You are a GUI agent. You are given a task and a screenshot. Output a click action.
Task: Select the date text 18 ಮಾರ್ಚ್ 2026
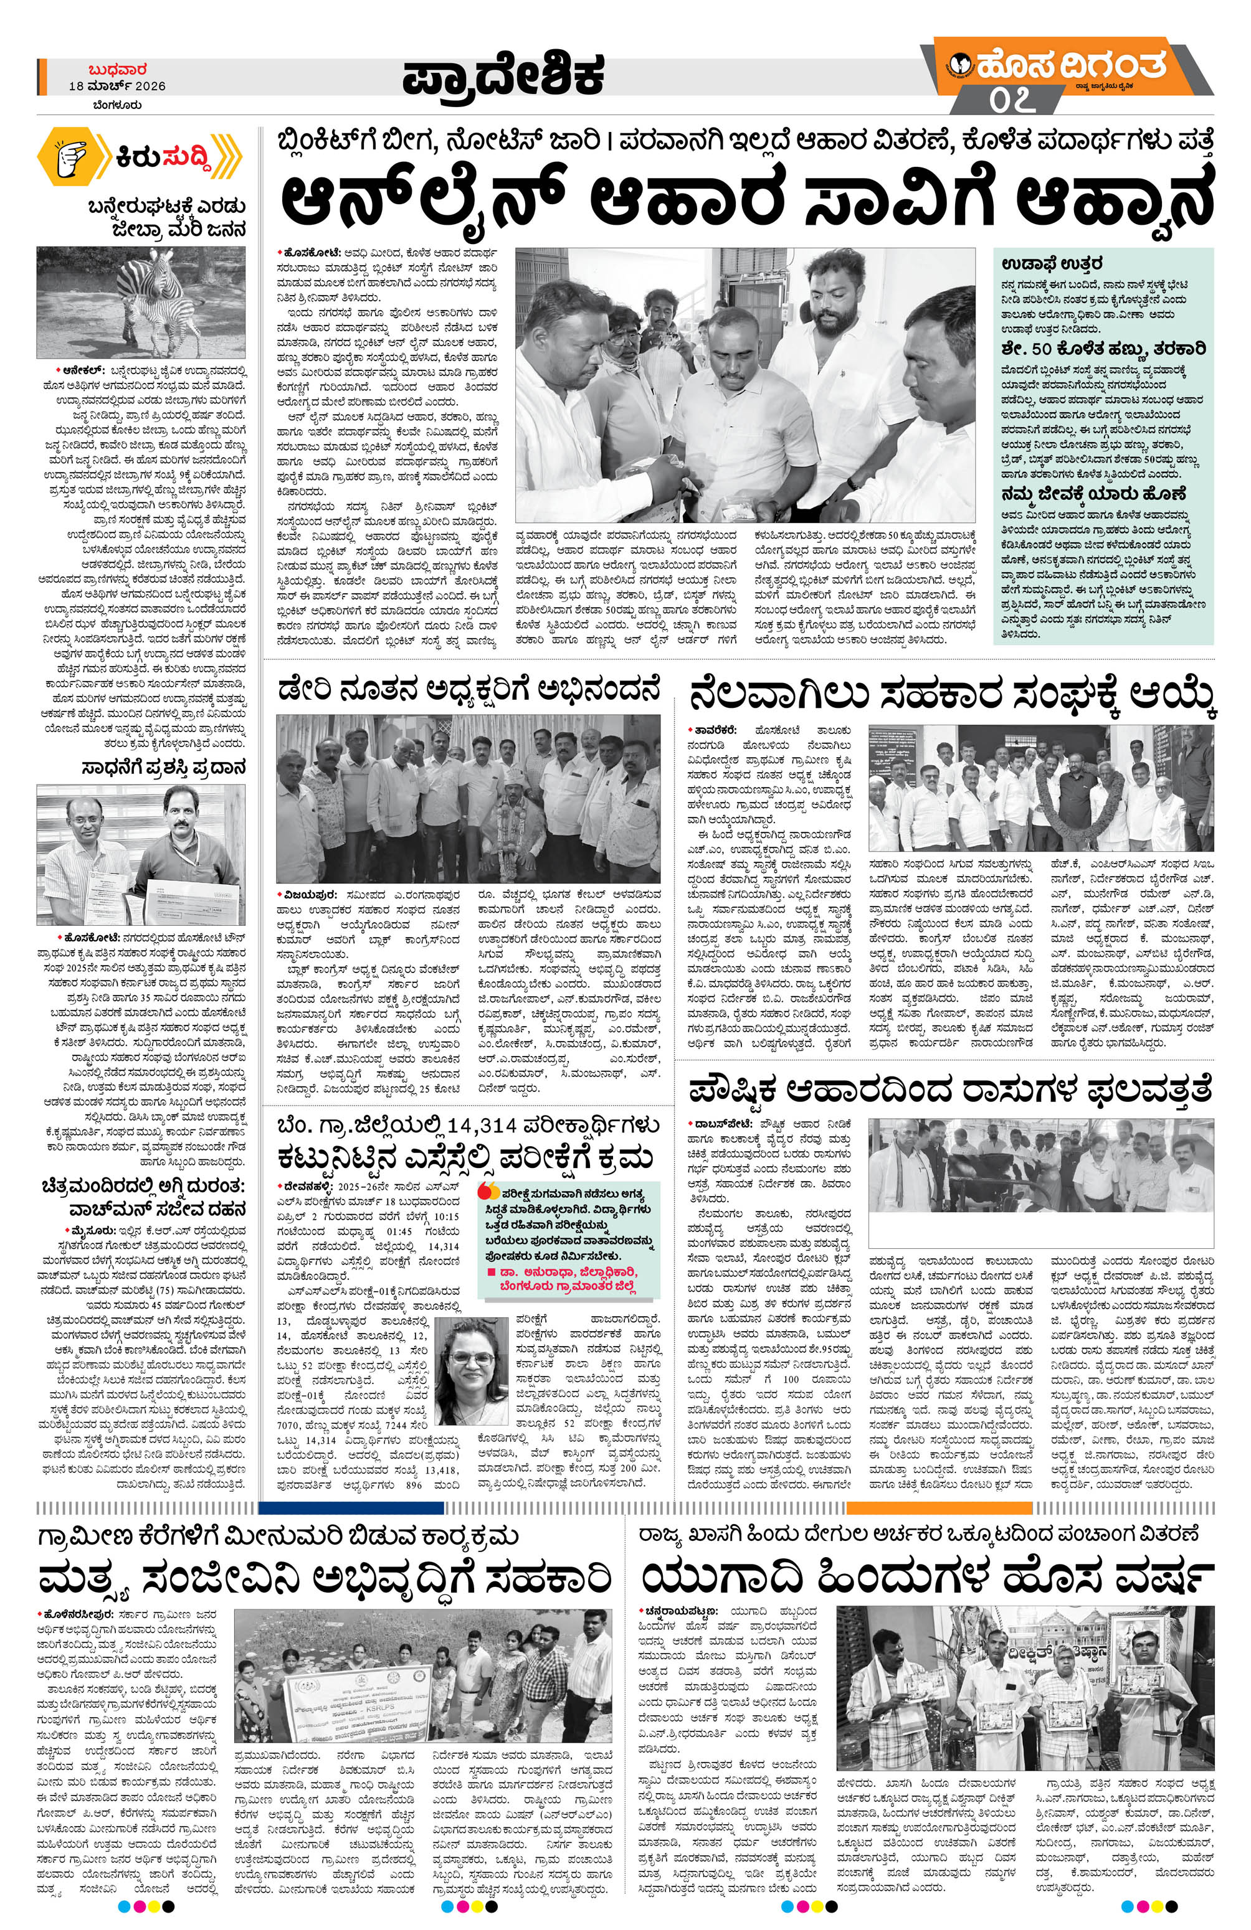coord(117,86)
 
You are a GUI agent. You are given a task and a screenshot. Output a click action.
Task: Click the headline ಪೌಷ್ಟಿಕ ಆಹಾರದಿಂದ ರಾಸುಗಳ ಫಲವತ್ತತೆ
coord(950,1089)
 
